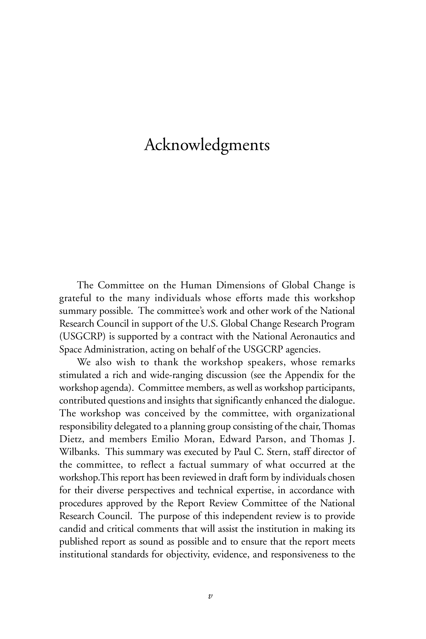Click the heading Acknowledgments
point(207,145)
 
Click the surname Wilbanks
point(79,452)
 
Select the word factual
point(192,465)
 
